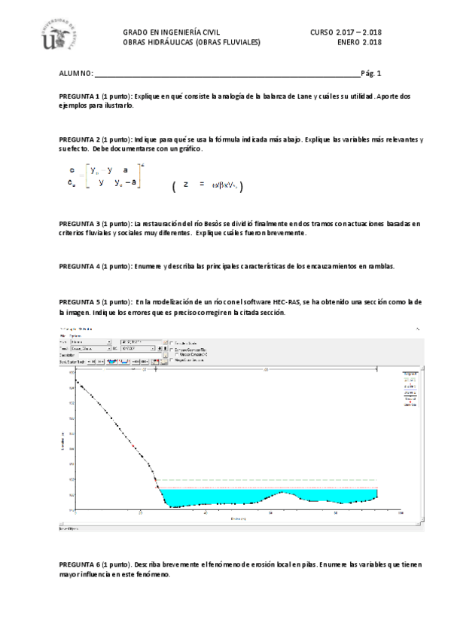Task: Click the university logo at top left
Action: coord(54,38)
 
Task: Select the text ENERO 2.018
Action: coord(360,43)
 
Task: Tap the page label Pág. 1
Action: coord(371,73)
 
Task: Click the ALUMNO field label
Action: coord(76,74)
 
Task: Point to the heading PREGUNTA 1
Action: coord(80,97)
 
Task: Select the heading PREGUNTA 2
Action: coord(80,140)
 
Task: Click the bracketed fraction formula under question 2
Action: coord(105,178)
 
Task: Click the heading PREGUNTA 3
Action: coord(80,225)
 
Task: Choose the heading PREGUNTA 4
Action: coord(80,267)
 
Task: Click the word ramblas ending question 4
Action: coord(372,267)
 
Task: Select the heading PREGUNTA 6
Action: coord(80,564)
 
